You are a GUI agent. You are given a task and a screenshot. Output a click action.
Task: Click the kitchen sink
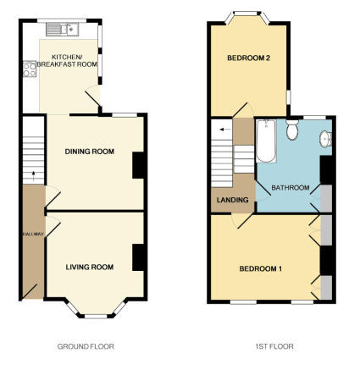[63, 30]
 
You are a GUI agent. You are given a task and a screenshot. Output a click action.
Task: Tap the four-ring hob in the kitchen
[30, 69]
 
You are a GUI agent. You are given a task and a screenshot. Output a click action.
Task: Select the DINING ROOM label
[90, 152]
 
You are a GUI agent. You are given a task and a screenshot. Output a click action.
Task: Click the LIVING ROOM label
[90, 267]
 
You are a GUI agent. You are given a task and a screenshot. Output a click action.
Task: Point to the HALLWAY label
[33, 234]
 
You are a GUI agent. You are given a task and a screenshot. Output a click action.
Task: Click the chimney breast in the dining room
[138, 165]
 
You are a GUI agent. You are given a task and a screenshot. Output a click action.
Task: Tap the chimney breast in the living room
[138, 257]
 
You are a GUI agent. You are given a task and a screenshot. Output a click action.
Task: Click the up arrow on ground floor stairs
[33, 176]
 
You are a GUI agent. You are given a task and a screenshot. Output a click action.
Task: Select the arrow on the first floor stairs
[224, 130]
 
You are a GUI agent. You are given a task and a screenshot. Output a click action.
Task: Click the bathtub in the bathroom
[266, 141]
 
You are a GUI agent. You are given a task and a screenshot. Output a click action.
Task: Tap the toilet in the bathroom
[292, 130]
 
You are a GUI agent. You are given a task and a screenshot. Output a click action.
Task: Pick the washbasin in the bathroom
[325, 139]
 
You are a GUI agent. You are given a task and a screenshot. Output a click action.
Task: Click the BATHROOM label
[290, 187]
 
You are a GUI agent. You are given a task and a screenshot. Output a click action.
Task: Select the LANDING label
[232, 200]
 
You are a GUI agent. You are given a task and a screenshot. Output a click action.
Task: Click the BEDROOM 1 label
[260, 268]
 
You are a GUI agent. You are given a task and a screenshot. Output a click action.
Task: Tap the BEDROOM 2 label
[249, 58]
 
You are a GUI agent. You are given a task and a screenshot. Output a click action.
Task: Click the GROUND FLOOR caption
[86, 346]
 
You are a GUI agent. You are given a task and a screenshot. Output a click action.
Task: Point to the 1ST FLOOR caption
[274, 346]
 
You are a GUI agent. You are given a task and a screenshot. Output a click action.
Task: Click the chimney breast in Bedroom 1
[326, 260]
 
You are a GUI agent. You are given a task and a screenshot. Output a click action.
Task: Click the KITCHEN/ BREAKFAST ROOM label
[67, 60]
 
